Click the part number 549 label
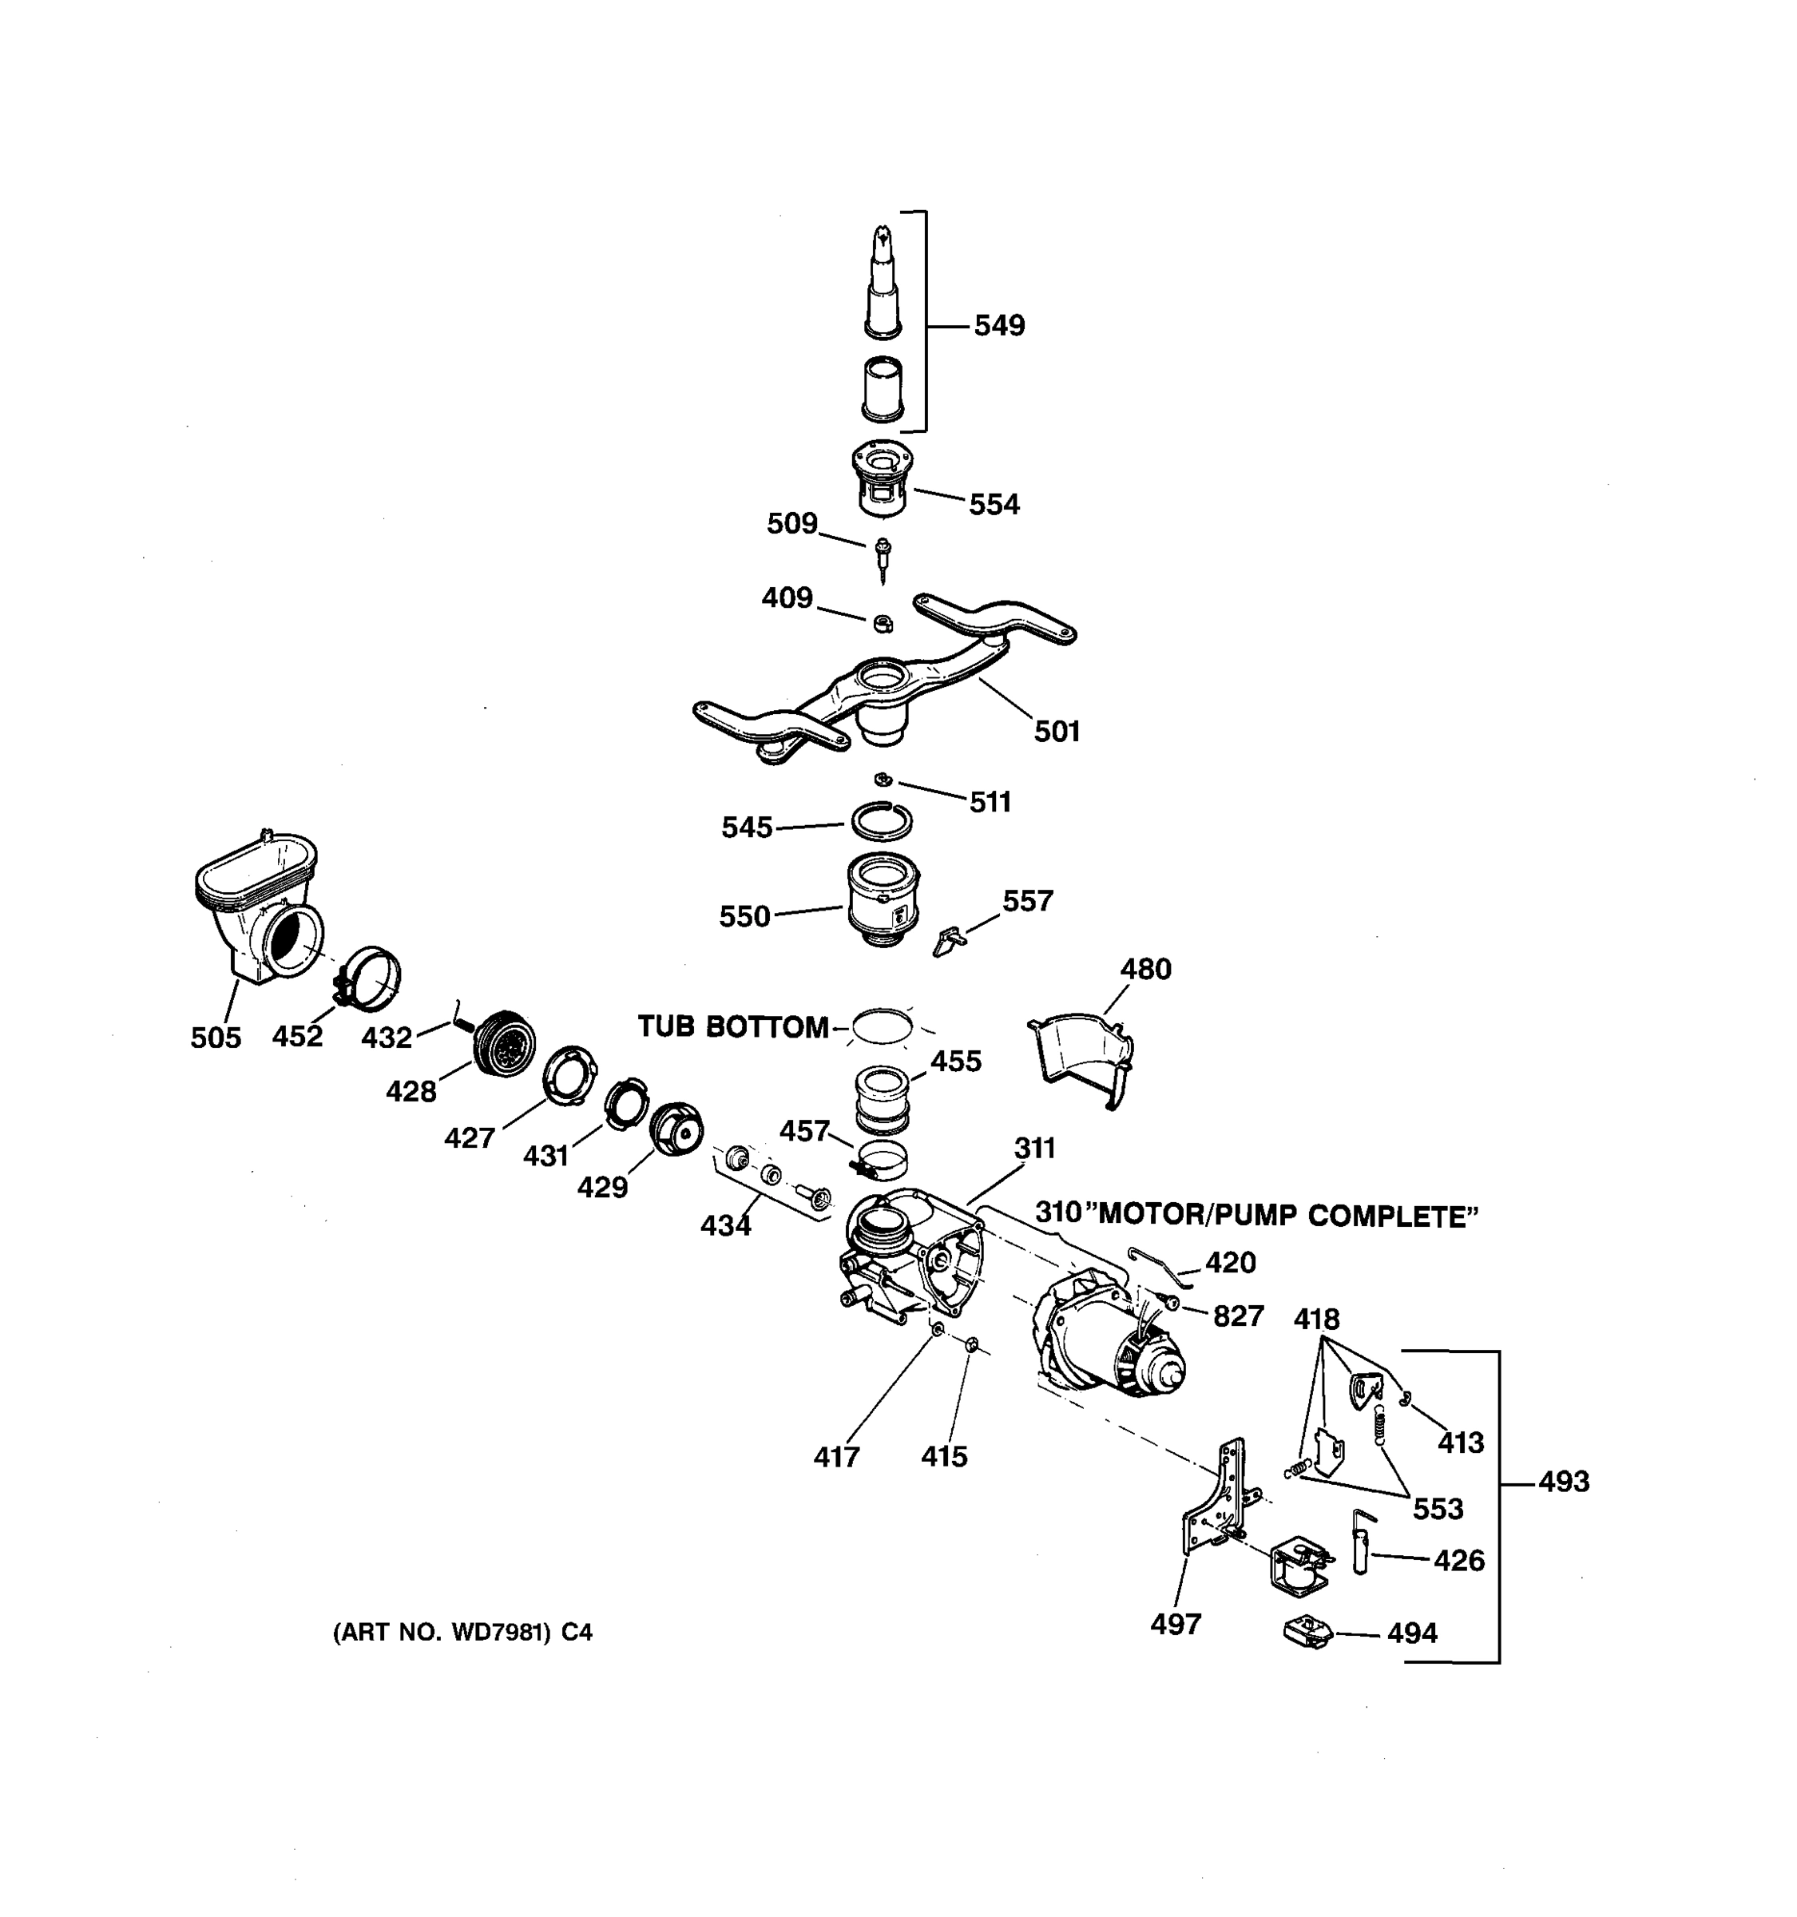click(x=999, y=326)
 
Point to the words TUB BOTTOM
click(x=732, y=1027)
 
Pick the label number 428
click(x=411, y=1092)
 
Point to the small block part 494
click(x=1307, y=1632)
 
